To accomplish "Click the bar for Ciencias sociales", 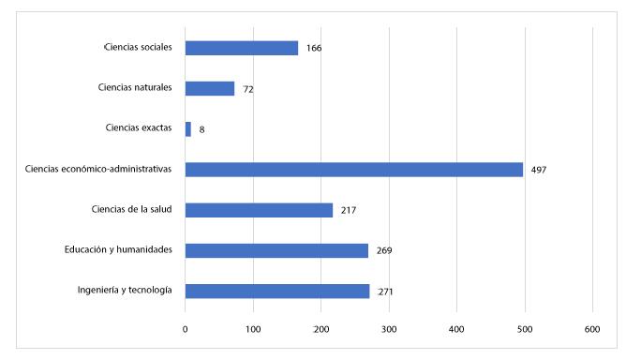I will [241, 48].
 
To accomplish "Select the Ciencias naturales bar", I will [210, 88].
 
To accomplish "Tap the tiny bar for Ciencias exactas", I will [188, 128].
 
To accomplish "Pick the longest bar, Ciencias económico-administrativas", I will [353, 170].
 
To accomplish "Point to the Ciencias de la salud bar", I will [259, 210].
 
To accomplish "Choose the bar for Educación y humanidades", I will [276, 250].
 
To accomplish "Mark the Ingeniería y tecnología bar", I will [277, 291].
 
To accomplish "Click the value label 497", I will [538, 171].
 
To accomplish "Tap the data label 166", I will [314, 49].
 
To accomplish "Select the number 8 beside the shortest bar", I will [201, 129].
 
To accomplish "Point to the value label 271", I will [385, 292].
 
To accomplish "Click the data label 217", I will [349, 211].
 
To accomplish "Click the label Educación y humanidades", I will [118, 250].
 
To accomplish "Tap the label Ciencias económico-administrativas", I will [99, 170].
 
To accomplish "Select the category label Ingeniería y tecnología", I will [124, 291].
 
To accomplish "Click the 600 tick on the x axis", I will [592, 329].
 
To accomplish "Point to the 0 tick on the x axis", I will [186, 329].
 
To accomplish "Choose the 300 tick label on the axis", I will [389, 329].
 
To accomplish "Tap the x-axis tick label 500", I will [524, 329].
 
